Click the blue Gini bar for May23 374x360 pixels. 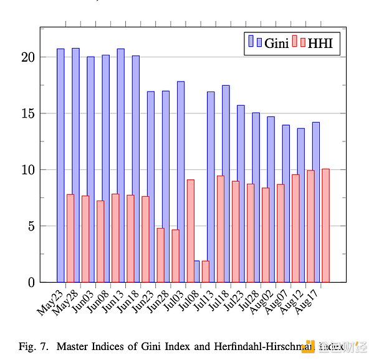click(60, 165)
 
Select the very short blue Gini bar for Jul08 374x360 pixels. click(196, 272)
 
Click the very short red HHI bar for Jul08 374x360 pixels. click(206, 272)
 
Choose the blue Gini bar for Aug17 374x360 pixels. click(316, 202)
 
